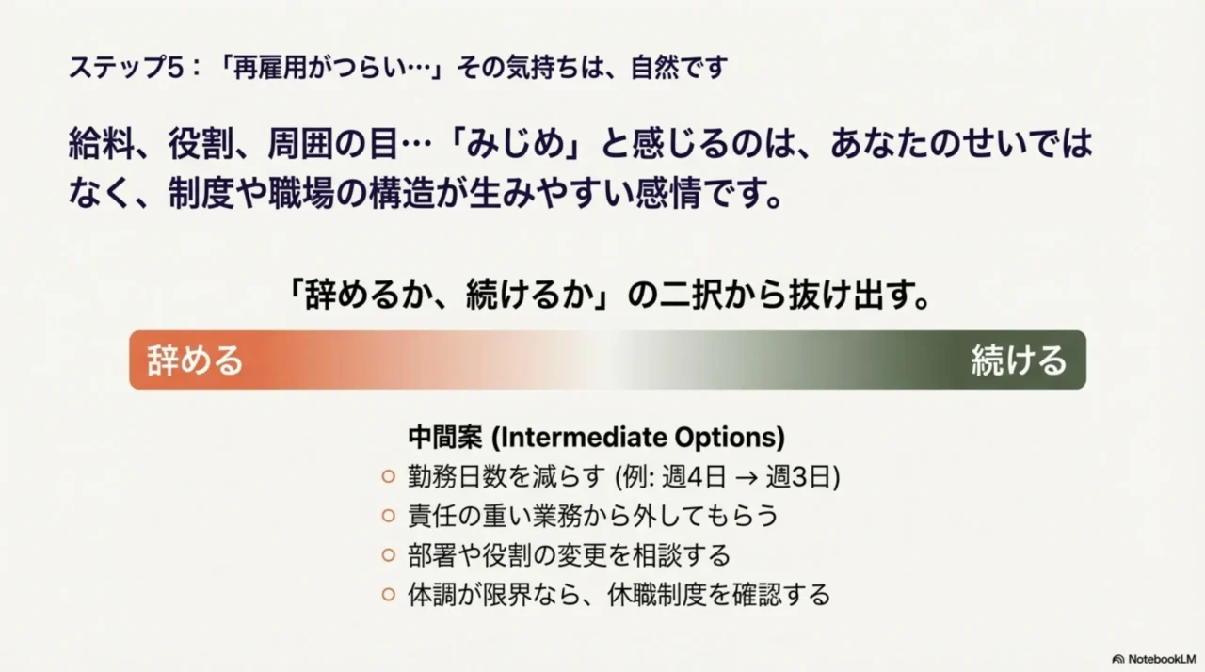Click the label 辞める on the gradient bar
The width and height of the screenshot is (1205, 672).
(x=195, y=360)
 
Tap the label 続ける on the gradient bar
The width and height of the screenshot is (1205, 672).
(x=1019, y=360)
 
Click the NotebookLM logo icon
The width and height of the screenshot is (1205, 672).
(x=1118, y=659)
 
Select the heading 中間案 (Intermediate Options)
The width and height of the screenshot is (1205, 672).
(x=596, y=438)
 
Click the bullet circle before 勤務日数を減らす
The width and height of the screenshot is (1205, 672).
(x=388, y=477)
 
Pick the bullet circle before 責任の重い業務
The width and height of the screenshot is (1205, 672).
(x=388, y=516)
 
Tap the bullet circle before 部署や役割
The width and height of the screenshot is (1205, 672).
(x=388, y=555)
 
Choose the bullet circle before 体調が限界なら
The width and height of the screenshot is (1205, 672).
(x=388, y=595)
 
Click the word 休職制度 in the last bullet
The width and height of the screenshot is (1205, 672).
(x=667, y=595)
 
